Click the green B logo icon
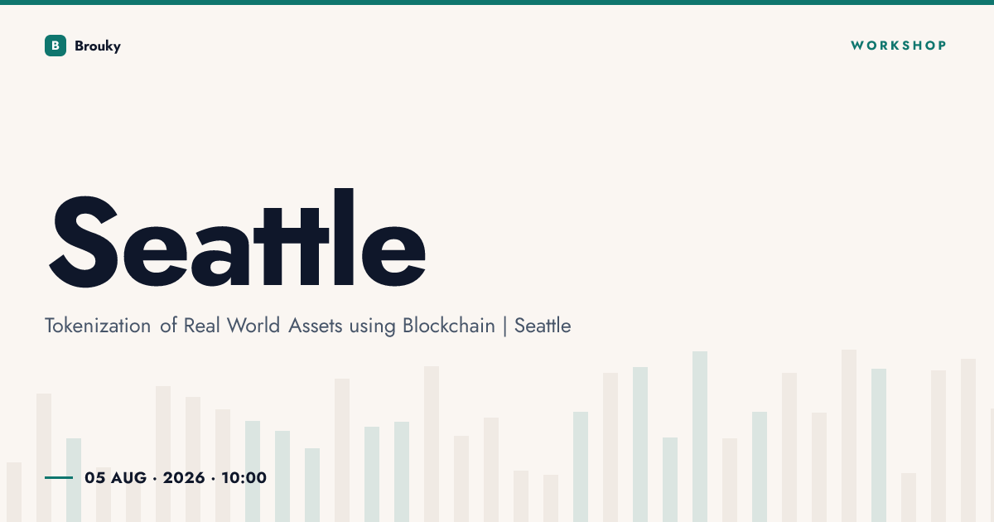click(x=55, y=46)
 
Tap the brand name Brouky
click(x=98, y=46)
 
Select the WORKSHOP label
click(x=899, y=46)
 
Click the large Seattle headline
click(x=238, y=238)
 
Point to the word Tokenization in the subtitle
click(x=98, y=326)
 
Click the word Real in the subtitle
click(x=202, y=326)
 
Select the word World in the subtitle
click(x=253, y=326)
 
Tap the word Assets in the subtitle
click(x=316, y=326)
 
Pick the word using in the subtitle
click(x=372, y=326)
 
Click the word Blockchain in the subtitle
click(x=449, y=326)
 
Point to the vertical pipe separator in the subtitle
click(x=505, y=326)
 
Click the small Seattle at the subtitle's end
click(x=543, y=326)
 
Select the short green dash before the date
click(x=59, y=477)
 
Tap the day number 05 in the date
click(x=95, y=477)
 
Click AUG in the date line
click(x=128, y=477)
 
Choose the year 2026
click(x=184, y=477)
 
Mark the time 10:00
click(x=244, y=477)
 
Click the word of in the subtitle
click(x=169, y=326)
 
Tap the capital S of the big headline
click(x=84, y=241)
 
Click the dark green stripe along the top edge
click(x=497, y=2)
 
